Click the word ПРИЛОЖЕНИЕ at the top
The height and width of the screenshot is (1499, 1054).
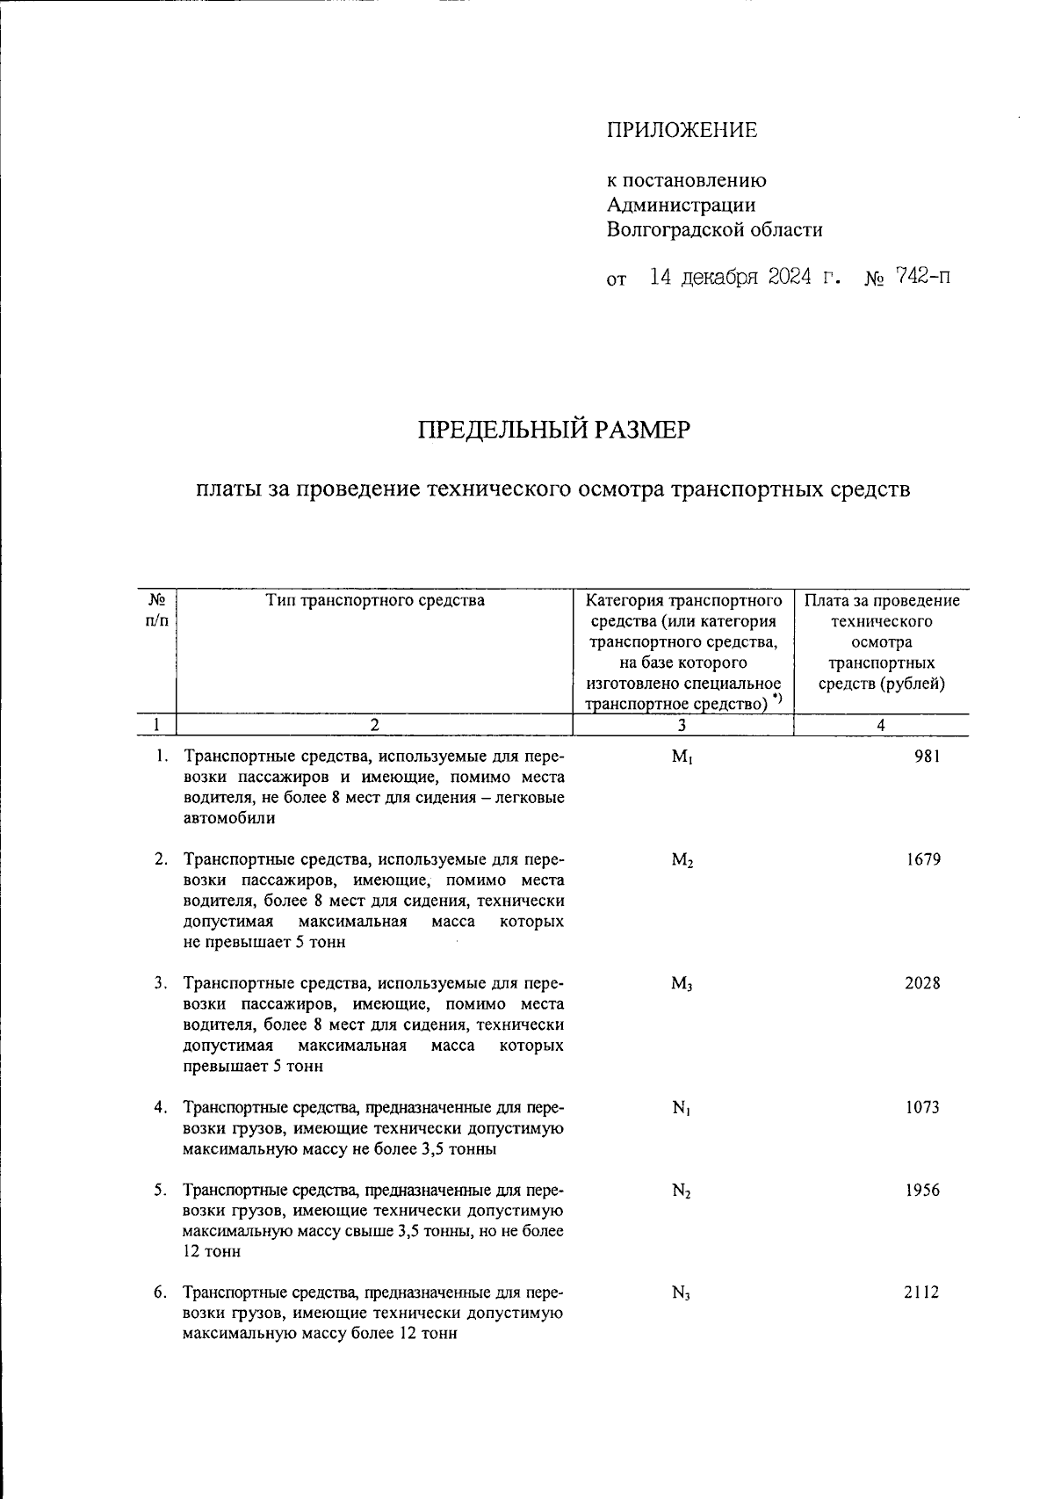click(x=682, y=131)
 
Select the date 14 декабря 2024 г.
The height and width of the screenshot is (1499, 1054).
click(x=744, y=279)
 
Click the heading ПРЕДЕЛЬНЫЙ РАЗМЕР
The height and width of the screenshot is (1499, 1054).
click(x=553, y=431)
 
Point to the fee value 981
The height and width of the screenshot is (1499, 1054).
click(x=927, y=757)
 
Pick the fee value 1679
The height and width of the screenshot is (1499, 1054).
click(x=923, y=860)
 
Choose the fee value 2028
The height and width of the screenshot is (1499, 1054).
click(x=922, y=983)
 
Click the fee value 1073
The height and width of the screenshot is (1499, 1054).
click(x=922, y=1108)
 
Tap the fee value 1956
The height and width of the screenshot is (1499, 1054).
click(x=922, y=1191)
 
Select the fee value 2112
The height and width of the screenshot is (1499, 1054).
click(x=922, y=1293)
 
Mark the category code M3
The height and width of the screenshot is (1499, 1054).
click(x=682, y=985)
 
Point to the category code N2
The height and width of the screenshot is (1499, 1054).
click(x=682, y=1192)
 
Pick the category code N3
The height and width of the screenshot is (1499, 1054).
click(x=682, y=1294)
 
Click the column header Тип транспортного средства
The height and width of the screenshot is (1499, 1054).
click(x=375, y=601)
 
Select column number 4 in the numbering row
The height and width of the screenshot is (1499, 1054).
click(x=881, y=725)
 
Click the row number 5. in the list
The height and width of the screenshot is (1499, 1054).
click(x=161, y=1191)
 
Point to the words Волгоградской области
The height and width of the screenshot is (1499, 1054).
click(x=714, y=230)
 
